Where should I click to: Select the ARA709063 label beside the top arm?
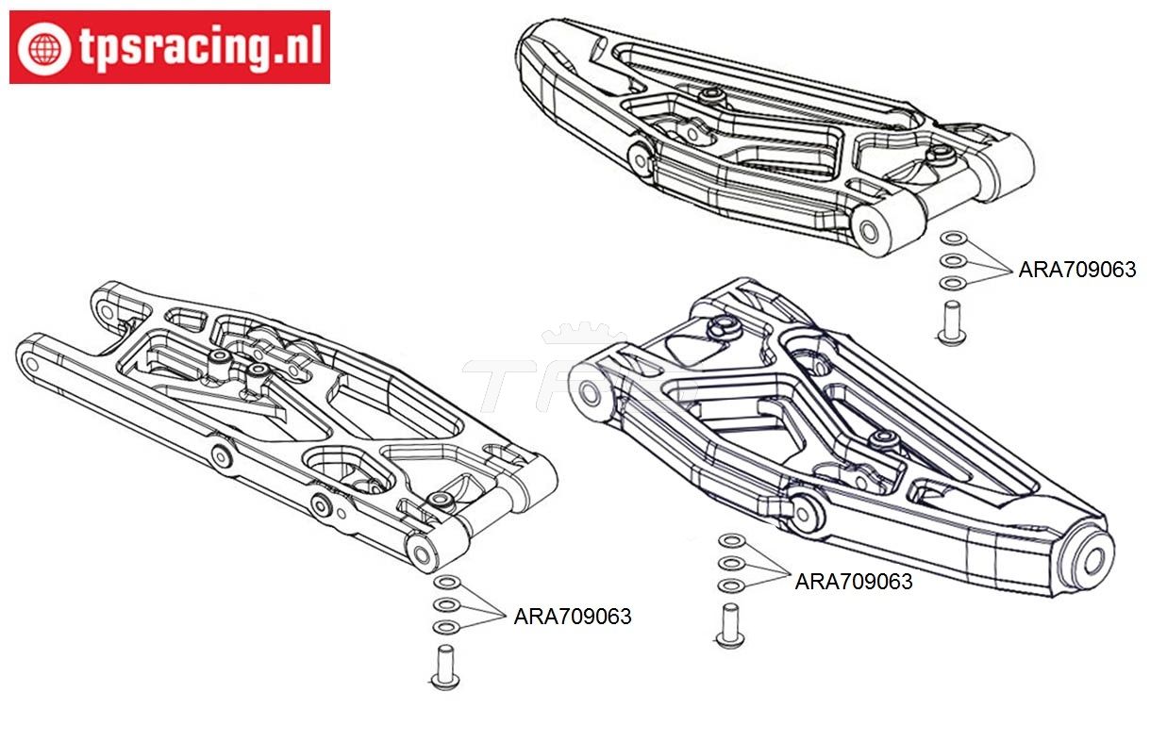[1076, 270]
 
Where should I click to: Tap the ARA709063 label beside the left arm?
[573, 617]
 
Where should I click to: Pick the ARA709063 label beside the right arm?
[854, 582]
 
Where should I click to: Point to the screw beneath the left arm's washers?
[444, 668]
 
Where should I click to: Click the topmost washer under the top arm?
[953, 239]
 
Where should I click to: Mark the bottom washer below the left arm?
[447, 627]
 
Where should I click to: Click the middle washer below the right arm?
[729, 564]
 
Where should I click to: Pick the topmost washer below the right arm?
[729, 541]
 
